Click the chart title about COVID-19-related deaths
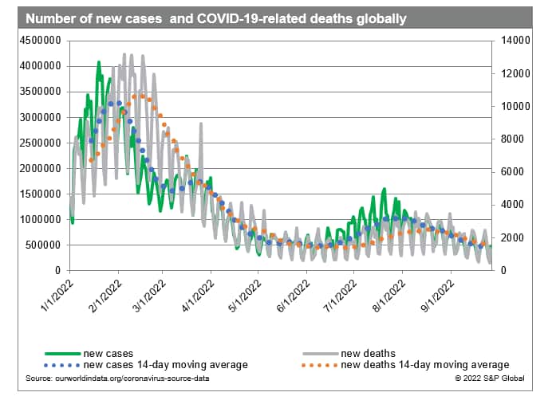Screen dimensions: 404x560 (x=215, y=17)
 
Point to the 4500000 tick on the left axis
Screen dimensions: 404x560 (x=40, y=41)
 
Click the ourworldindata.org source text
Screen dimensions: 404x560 (x=116, y=378)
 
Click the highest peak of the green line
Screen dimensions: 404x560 (x=99, y=62)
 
